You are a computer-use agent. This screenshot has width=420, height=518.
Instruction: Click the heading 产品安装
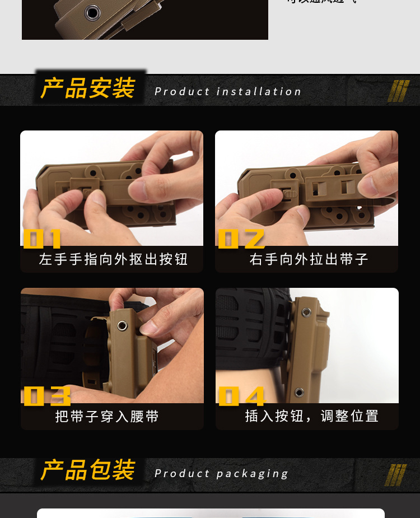coord(88,89)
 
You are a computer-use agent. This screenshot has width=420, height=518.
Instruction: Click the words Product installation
coord(228,92)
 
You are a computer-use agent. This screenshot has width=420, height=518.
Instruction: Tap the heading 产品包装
coord(88,470)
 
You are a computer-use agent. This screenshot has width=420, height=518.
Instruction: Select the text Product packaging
coord(222,474)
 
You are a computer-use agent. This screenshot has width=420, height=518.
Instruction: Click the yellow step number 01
coord(42,239)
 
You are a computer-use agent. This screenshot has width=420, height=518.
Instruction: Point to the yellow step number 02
coord(240,239)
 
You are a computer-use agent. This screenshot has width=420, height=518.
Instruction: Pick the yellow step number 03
coord(47,396)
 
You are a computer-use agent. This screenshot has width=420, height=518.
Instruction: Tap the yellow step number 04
coord(241,396)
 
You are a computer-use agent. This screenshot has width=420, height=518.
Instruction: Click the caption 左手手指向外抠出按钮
coord(113,260)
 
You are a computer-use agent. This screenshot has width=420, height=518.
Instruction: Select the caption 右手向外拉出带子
coord(309,260)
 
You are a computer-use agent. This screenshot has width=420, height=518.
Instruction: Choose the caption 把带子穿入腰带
coord(107,417)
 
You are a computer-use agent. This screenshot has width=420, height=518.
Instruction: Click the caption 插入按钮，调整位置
coord(312,416)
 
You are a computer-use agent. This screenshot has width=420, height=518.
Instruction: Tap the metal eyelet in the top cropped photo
coord(90,12)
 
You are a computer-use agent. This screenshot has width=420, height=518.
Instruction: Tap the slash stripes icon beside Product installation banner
coord(398,91)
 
